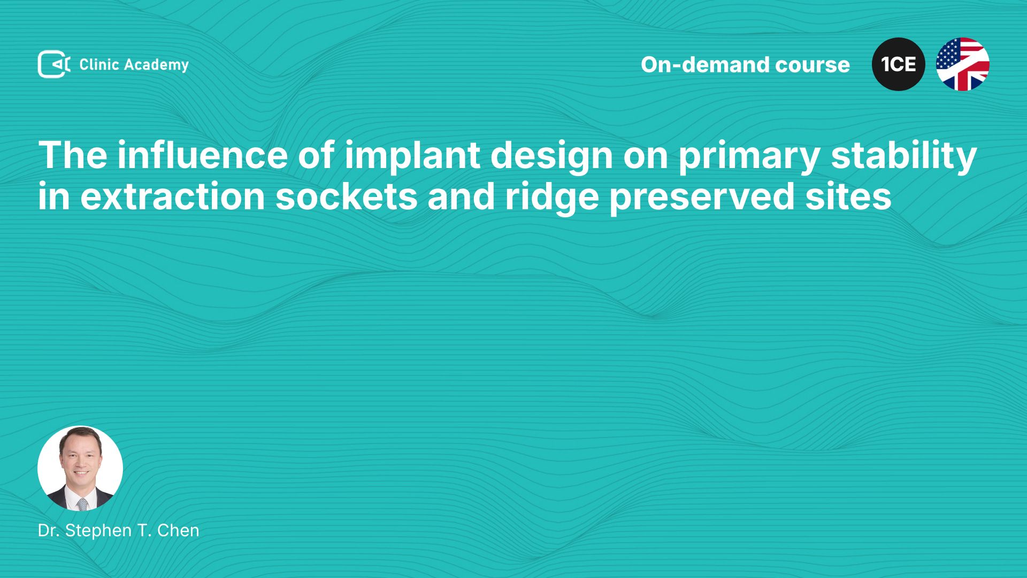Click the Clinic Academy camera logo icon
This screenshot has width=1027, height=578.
click(x=54, y=64)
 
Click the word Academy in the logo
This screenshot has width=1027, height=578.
click(x=156, y=65)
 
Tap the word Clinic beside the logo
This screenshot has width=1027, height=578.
click(x=99, y=64)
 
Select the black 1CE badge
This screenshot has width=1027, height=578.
click(x=899, y=64)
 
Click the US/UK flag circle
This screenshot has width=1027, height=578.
click(x=963, y=64)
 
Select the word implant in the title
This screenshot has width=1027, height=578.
click(x=412, y=157)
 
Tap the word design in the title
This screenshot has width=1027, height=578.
click(x=551, y=157)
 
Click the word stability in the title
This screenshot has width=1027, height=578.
click(x=904, y=157)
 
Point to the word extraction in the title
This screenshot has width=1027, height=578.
click(x=173, y=197)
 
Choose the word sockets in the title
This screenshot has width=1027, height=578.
click(x=347, y=196)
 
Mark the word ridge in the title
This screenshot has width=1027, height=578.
click(x=552, y=198)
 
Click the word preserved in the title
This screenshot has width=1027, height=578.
click(x=702, y=198)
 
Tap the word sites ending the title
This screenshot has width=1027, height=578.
click(x=848, y=196)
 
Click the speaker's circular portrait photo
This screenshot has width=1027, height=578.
click(x=80, y=468)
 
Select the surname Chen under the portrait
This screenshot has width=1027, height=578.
click(x=178, y=530)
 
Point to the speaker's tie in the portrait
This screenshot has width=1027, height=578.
click(x=82, y=504)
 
